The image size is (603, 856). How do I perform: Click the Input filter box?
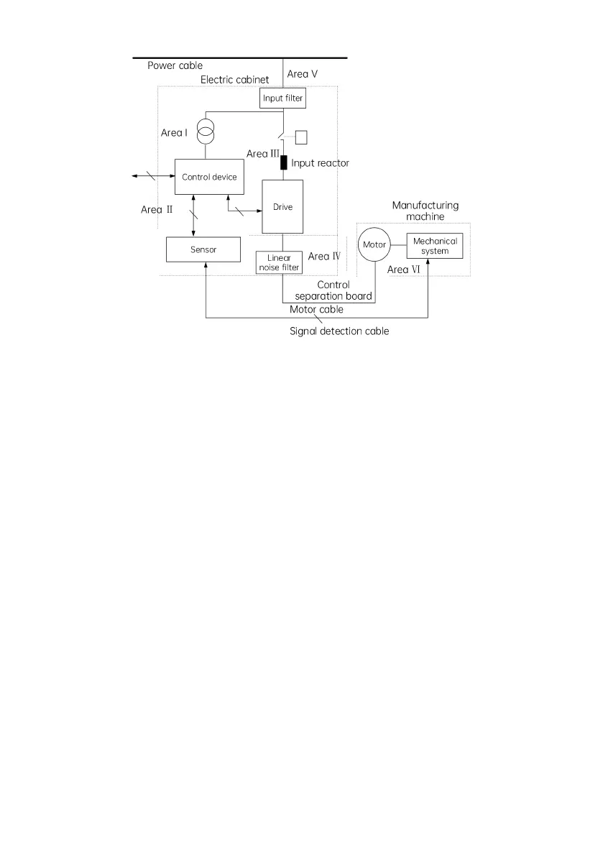[282, 98]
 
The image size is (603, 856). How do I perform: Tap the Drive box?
[282, 207]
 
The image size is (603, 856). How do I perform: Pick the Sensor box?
[203, 249]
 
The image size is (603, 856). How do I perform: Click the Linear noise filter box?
[279, 262]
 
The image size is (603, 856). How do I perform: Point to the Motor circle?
[374, 245]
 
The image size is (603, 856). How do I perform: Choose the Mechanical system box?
[434, 246]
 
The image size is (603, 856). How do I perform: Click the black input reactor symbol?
[283, 162]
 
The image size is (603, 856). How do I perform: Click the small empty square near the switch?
[301, 137]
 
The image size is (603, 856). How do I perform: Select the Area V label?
[307, 73]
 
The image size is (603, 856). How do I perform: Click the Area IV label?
[323, 256]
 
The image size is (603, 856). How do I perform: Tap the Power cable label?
[175, 65]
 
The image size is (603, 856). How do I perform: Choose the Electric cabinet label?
[234, 79]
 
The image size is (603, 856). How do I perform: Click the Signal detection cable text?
[339, 331]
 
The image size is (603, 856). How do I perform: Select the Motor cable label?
[316, 310]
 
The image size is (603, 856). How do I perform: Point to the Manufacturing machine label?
[425, 211]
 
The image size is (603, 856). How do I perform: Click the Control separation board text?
[333, 290]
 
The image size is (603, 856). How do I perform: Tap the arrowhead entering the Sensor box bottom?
[206, 265]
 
